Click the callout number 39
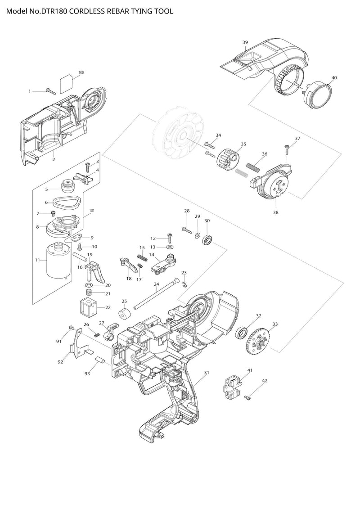(245, 42)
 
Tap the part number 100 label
(81, 72)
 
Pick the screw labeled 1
(50, 91)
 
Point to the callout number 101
(92, 210)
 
